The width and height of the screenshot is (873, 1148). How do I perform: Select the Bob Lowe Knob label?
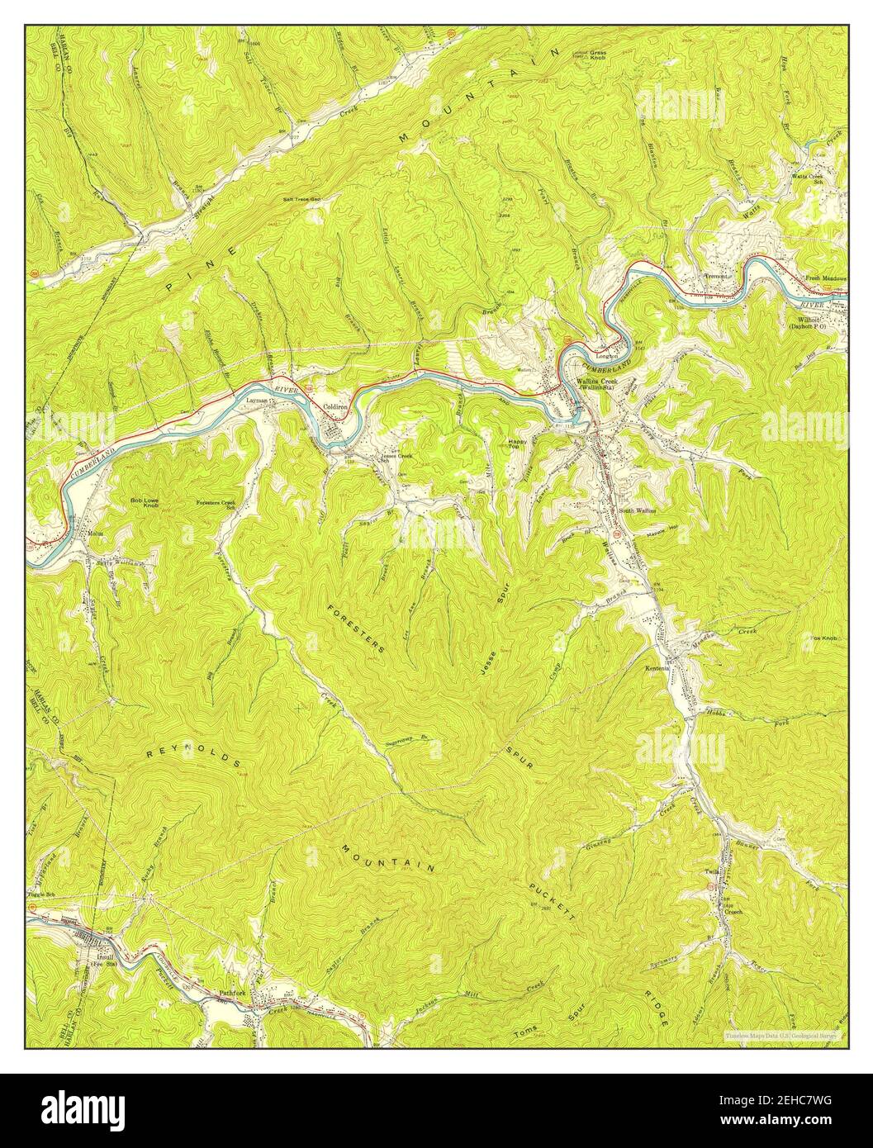click(144, 501)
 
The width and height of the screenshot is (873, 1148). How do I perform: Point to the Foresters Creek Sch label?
click(216, 505)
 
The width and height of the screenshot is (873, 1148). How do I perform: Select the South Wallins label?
click(638, 510)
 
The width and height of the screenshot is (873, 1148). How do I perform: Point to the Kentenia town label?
click(660, 668)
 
